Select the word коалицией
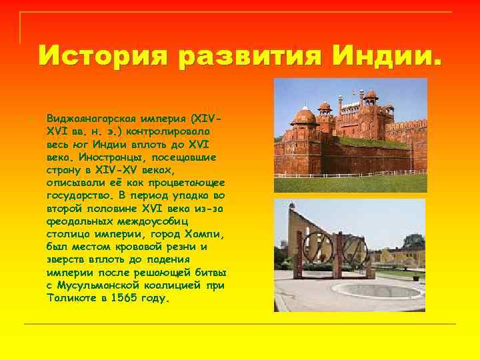pos(175,286)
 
